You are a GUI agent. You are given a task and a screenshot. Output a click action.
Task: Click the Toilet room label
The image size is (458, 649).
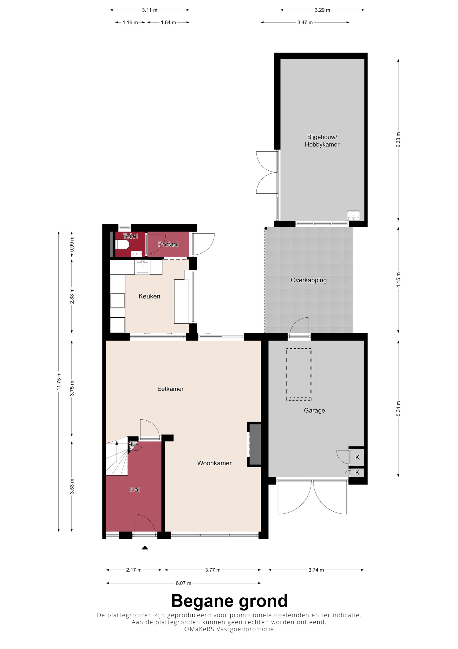pos(130,236)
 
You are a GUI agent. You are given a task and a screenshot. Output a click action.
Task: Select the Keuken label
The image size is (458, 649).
pos(149,296)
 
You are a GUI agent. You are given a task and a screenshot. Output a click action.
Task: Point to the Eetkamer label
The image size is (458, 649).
pos(170,389)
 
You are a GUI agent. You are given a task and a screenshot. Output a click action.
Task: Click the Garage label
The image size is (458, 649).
pos(314,410)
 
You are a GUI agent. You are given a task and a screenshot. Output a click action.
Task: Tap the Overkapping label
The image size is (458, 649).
pos(309,280)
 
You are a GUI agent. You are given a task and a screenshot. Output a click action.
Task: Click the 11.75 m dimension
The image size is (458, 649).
pos(59,382)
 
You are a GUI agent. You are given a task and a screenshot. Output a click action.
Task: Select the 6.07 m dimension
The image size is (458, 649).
pos(183,583)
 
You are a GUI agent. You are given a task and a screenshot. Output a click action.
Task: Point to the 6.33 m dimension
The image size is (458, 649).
pos(398,140)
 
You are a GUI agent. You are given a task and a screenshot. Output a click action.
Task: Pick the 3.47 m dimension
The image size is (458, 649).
pos(305,22)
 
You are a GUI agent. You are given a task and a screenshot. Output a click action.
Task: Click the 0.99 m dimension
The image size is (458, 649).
pos(72,244)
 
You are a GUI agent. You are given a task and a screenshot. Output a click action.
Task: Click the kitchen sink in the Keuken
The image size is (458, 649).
pos(142,267)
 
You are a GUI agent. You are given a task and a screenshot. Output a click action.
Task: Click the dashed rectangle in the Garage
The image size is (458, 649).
pos(299,374)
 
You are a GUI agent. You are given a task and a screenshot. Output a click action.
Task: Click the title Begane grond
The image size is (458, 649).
pos(229,601)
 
